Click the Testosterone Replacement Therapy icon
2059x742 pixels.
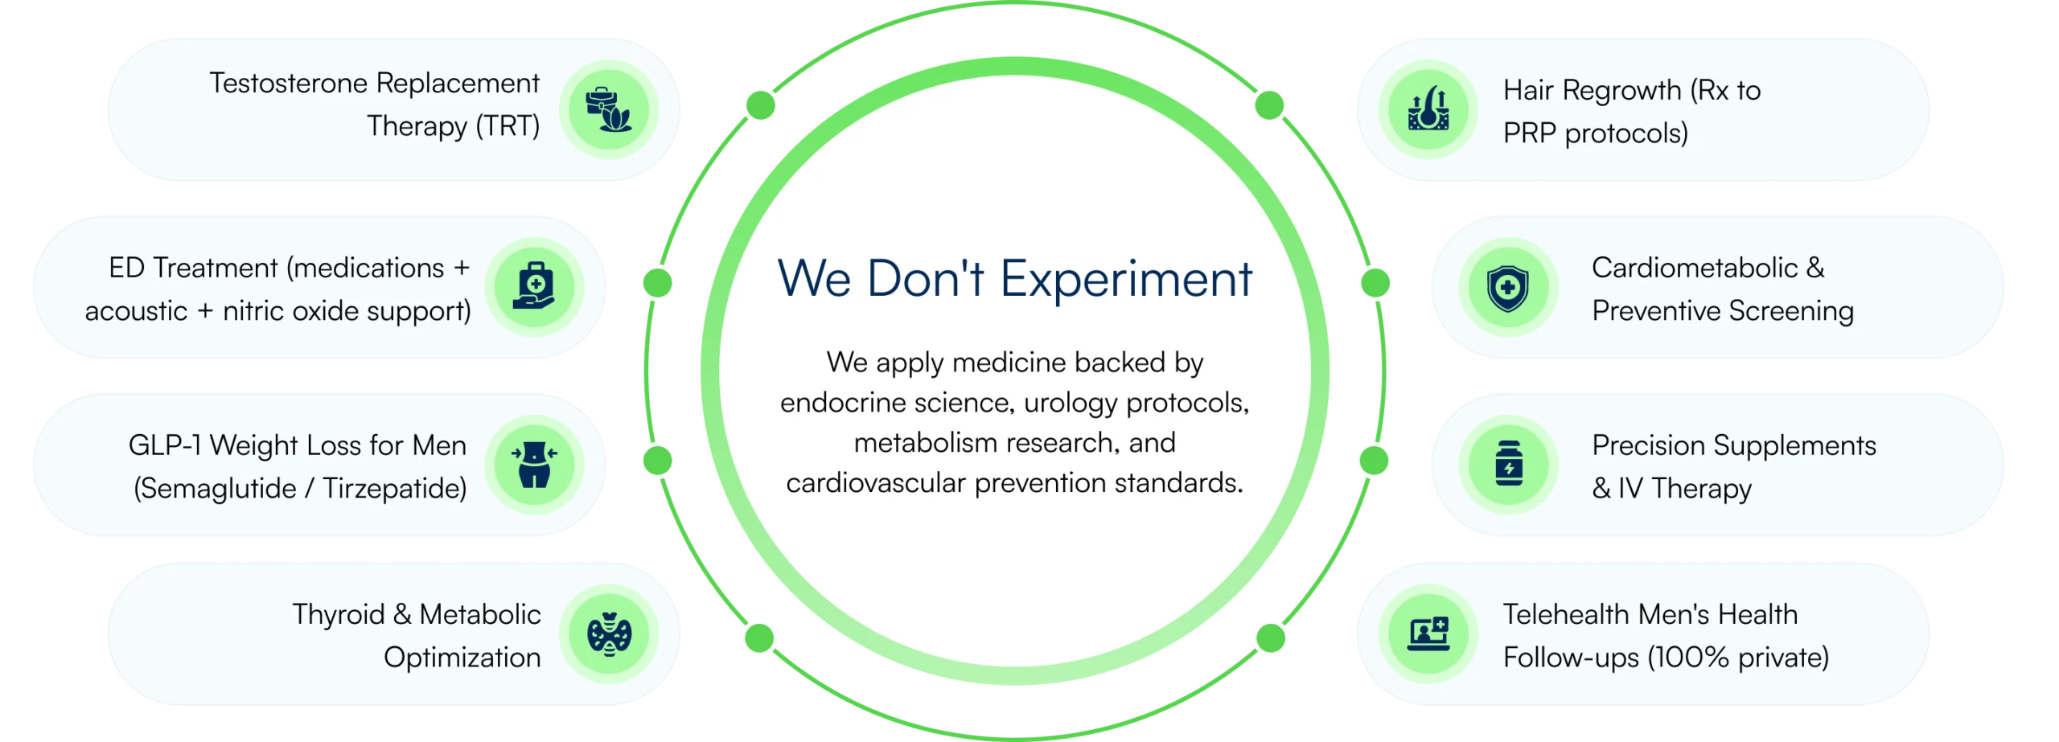tap(609, 109)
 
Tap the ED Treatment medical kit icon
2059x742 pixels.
tap(534, 287)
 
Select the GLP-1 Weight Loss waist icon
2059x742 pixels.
tap(534, 465)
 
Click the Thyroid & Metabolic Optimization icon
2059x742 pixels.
tap(609, 634)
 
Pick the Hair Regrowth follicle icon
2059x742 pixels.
tap(1428, 109)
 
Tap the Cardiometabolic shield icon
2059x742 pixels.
tap(1508, 287)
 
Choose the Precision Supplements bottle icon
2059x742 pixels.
tap(1508, 465)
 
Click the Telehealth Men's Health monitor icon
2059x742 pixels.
tap(1428, 634)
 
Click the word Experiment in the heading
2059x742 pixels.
tap(1126, 280)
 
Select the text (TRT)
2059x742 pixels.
tap(508, 126)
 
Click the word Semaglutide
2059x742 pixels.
tap(216, 489)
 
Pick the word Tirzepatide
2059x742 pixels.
tap(394, 489)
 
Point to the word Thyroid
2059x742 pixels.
tap(338, 615)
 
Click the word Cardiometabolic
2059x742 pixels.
tap(1695, 268)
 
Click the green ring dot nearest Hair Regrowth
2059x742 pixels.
tap(1269, 105)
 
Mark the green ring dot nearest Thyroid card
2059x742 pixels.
tap(758, 638)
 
